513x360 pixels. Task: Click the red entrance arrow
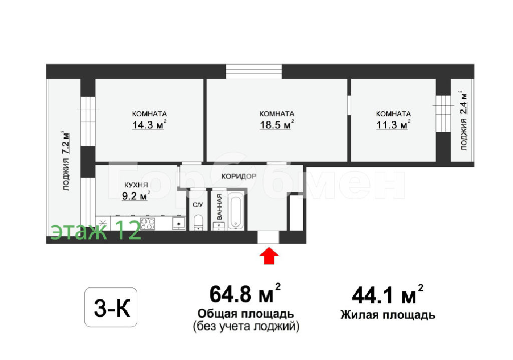point(269,256)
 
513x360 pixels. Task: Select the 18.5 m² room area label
point(277,124)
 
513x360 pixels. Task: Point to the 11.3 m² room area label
point(393,124)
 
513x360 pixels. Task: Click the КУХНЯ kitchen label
point(136,185)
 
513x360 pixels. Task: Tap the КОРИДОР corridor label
point(239,176)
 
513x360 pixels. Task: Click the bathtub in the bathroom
point(235,211)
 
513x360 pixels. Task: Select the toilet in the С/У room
point(198,223)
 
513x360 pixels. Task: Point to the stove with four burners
point(148,224)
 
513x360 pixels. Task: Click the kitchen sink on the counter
point(179,224)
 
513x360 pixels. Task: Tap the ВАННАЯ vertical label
point(219,207)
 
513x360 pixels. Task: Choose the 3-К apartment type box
point(111,307)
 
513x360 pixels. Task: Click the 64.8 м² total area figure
point(245,293)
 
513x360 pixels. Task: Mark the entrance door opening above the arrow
point(269,237)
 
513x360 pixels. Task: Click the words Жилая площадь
point(388,315)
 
